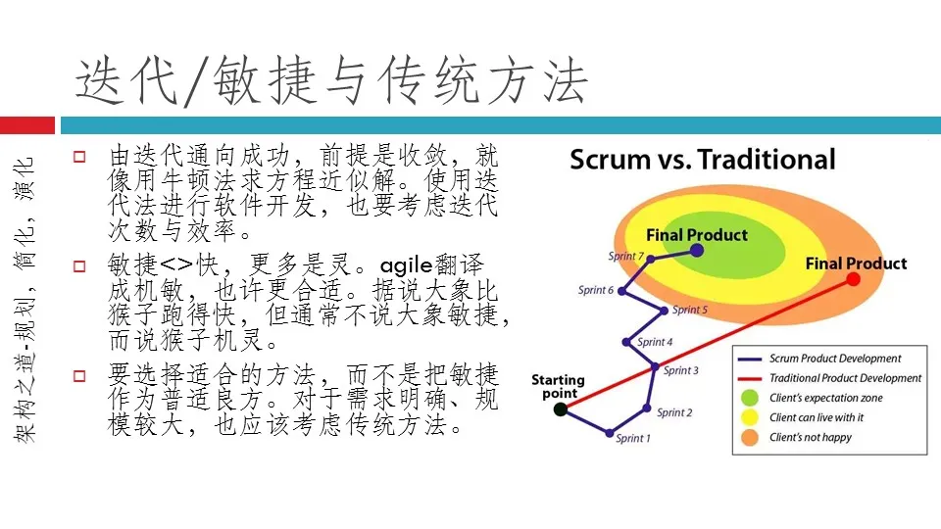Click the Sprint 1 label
(x=631, y=439)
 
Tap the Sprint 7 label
(x=626, y=257)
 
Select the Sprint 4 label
(x=656, y=342)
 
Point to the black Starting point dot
(x=560, y=409)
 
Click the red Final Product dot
(x=853, y=279)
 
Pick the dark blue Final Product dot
(x=696, y=250)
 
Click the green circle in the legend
(x=750, y=398)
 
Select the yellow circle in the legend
(x=750, y=417)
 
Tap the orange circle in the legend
(x=750, y=437)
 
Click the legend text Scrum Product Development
(x=835, y=359)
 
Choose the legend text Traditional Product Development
(x=845, y=378)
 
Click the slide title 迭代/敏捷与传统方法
(x=331, y=80)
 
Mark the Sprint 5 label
(x=690, y=311)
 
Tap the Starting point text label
(x=558, y=386)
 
